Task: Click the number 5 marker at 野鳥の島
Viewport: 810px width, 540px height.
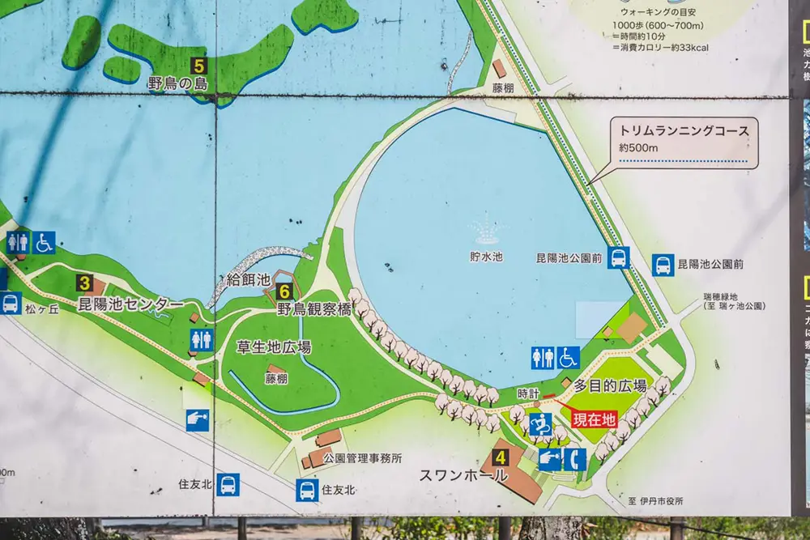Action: coord(199,66)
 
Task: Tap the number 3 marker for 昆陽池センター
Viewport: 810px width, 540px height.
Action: coord(84,283)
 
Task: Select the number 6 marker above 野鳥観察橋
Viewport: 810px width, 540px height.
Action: coord(283,291)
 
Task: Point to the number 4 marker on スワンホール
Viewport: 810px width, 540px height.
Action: coord(501,457)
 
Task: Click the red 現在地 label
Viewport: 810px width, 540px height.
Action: coord(594,419)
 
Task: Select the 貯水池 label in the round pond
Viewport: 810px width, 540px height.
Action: coord(486,257)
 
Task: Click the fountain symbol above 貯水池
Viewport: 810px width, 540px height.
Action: coord(487,232)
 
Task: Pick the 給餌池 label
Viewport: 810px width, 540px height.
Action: coord(248,280)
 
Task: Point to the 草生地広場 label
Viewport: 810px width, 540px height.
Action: coord(274,347)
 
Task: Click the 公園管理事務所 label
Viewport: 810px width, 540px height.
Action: coord(362,458)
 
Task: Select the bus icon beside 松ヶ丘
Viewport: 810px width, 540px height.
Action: coord(11,303)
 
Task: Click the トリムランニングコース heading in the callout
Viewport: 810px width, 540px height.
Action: coord(684,130)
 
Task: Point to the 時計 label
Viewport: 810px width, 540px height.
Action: coord(528,393)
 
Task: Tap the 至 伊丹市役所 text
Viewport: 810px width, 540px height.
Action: coord(655,501)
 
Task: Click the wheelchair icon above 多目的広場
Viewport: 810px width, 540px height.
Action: coord(568,358)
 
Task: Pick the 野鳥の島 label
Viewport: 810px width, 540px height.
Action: coord(177,84)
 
